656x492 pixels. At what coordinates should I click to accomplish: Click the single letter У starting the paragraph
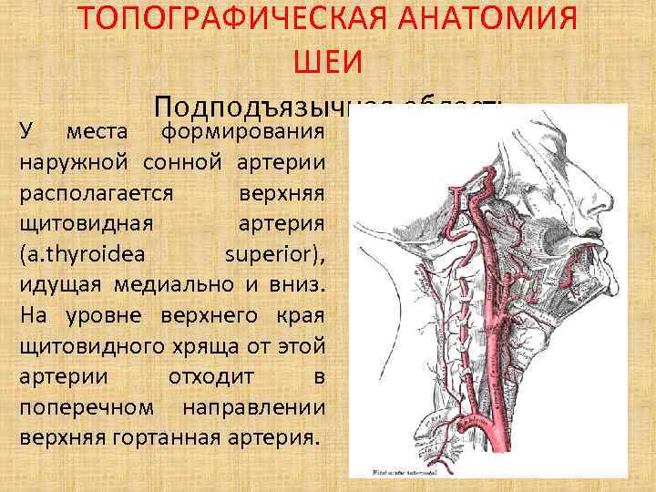pos(26,134)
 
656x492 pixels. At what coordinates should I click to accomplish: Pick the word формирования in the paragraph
pos(242,134)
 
